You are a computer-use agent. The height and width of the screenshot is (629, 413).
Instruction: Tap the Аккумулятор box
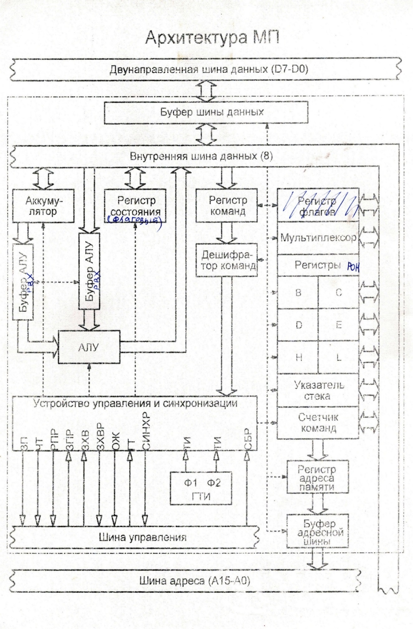coord(43,206)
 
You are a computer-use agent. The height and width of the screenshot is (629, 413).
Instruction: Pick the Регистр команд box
coord(226,205)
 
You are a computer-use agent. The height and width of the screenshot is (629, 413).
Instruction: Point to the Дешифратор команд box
coord(226,260)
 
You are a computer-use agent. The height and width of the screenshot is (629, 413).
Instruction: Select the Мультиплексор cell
coord(318,238)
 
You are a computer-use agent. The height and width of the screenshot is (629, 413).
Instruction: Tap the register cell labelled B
coord(298,293)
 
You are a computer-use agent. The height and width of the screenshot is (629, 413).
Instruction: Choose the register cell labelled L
coord(339,357)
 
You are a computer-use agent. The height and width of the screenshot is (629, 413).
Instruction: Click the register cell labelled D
coord(298,325)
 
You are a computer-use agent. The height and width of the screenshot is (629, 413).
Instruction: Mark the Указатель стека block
coord(318,390)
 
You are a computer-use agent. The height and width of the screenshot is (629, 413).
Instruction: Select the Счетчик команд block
coord(318,423)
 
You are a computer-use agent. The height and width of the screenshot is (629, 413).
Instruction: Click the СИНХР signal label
coord(146,431)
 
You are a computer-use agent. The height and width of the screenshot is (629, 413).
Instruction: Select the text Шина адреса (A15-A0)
coord(194,581)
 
